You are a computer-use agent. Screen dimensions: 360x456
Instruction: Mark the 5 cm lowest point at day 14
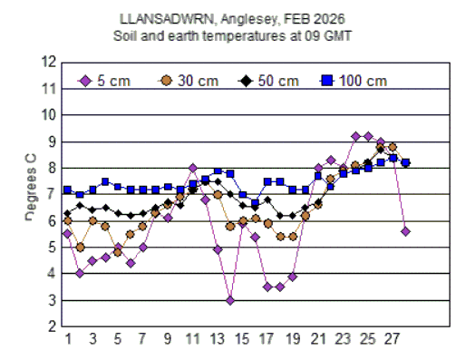(x=230, y=300)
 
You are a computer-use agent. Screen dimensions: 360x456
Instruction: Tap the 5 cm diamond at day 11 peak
(x=193, y=168)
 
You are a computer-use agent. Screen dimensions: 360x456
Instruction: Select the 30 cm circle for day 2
(x=81, y=247)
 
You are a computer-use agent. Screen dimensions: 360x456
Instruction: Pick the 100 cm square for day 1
(x=68, y=190)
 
